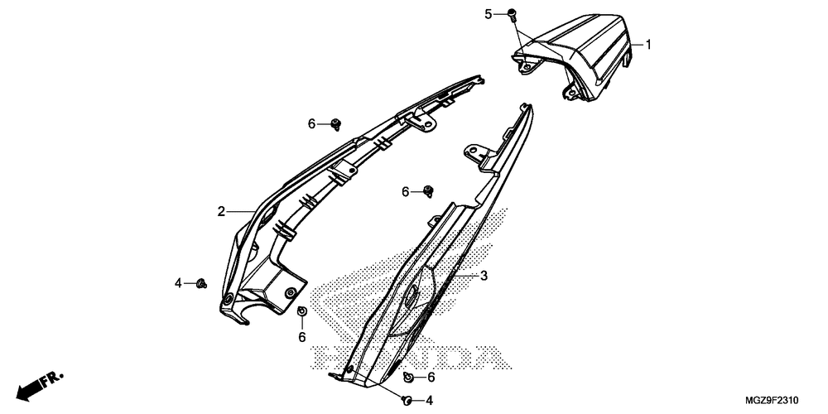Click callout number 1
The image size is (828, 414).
648,45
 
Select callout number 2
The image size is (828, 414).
222,212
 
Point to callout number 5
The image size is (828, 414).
489,13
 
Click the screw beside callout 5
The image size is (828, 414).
512,13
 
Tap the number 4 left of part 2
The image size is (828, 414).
177,284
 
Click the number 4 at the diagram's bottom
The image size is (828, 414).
429,401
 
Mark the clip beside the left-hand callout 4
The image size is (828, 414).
201,284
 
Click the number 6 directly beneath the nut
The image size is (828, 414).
302,337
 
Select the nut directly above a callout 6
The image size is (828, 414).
302,312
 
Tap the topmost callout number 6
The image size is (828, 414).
312,124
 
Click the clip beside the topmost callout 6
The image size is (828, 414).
335,124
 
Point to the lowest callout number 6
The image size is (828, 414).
431,377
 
